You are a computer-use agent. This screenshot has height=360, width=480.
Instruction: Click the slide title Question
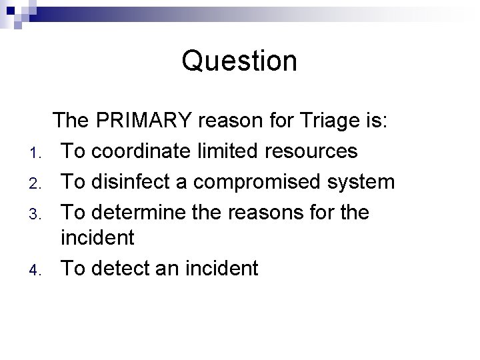point(239,61)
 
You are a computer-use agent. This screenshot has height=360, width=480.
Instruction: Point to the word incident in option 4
point(218,269)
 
